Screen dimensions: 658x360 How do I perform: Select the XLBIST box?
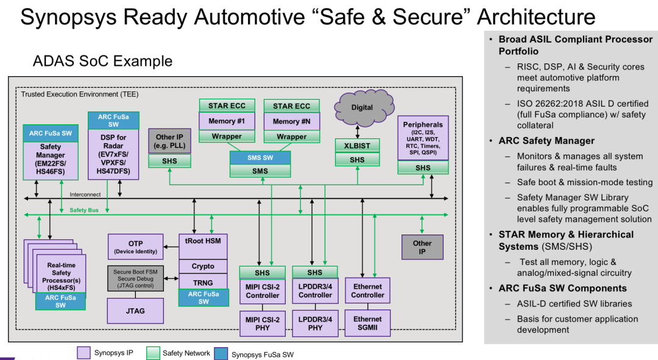point(357,146)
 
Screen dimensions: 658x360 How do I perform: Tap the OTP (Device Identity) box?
point(135,247)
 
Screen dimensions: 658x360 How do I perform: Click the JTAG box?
point(135,311)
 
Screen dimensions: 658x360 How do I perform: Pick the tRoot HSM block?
point(203,246)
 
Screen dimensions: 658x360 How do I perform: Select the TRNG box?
point(203,283)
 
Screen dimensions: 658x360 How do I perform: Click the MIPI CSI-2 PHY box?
point(263,323)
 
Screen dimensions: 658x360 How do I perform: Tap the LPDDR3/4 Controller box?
point(315,291)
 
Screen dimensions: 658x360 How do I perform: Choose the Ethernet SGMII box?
point(367,323)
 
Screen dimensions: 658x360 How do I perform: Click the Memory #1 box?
point(227,121)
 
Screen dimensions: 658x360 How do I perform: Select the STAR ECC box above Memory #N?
point(292,106)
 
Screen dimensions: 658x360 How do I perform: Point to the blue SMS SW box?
point(260,158)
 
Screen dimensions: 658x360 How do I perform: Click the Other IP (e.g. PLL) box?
point(169,141)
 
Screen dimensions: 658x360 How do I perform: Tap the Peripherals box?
point(423,138)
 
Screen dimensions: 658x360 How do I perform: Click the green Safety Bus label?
point(84,210)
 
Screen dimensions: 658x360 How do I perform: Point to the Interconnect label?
point(85,194)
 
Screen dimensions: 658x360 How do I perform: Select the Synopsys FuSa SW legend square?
point(221,353)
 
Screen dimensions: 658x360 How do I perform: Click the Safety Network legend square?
point(153,353)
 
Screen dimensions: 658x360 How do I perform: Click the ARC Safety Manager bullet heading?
point(547,141)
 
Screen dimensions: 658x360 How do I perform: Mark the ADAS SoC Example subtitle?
point(103,61)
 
